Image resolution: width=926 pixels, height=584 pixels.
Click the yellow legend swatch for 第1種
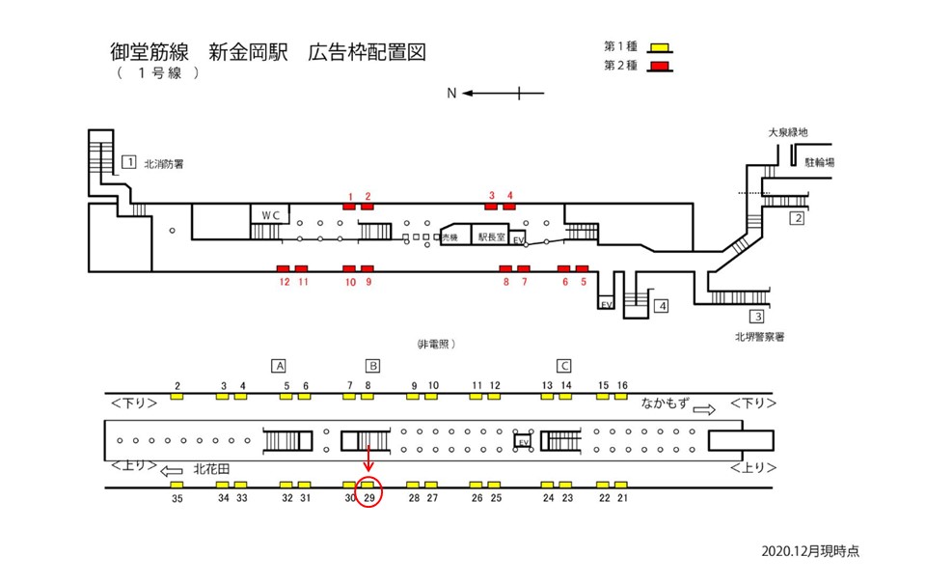pyautogui.click(x=661, y=47)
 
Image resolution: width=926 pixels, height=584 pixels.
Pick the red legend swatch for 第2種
pyautogui.click(x=661, y=66)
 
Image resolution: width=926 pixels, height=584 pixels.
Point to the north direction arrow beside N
pyautogui.click(x=503, y=94)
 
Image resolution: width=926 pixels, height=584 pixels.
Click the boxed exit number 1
pyautogui.click(x=128, y=161)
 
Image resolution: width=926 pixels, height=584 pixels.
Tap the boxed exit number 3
pyautogui.click(x=758, y=317)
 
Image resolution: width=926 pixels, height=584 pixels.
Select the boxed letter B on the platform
pyautogui.click(x=372, y=366)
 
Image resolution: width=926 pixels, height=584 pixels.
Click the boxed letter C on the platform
pyautogui.click(x=565, y=366)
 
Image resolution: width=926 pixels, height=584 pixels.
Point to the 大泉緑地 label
pyautogui.click(x=786, y=132)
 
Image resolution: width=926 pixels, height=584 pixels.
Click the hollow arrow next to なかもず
pyautogui.click(x=705, y=409)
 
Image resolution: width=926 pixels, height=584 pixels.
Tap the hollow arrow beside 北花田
pyautogui.click(x=172, y=471)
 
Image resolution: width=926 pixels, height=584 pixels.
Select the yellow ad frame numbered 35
pyautogui.click(x=177, y=485)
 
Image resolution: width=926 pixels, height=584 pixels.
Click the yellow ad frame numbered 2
pyautogui.click(x=177, y=396)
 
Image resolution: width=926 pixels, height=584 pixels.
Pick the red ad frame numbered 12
pyautogui.click(x=284, y=267)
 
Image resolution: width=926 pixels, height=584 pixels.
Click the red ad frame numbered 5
pyautogui.click(x=582, y=267)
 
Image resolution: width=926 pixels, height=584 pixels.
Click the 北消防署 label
pyautogui.click(x=163, y=164)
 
